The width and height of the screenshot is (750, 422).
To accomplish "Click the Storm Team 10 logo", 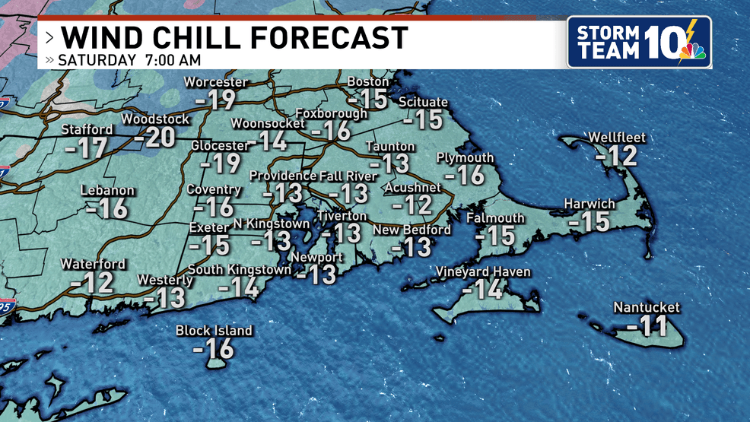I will (x=639, y=42).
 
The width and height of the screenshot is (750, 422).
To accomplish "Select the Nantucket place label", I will (x=647, y=308).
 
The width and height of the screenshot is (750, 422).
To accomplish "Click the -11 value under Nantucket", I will (x=647, y=328).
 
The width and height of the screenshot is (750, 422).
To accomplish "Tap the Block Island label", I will (x=214, y=331).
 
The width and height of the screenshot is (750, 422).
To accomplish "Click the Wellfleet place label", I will (x=617, y=138).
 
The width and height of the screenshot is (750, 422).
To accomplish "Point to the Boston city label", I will (x=368, y=81).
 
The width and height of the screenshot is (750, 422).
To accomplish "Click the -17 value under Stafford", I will (x=86, y=148).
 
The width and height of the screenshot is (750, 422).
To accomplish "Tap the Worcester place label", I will (x=216, y=82).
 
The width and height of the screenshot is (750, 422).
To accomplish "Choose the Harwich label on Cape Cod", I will (x=589, y=204).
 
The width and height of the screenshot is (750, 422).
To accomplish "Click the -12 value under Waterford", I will (x=92, y=282).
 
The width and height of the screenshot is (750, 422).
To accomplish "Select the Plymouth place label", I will (x=465, y=158).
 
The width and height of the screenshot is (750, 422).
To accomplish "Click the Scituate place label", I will (x=423, y=103).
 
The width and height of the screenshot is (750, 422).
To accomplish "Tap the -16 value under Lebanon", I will (x=107, y=208).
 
